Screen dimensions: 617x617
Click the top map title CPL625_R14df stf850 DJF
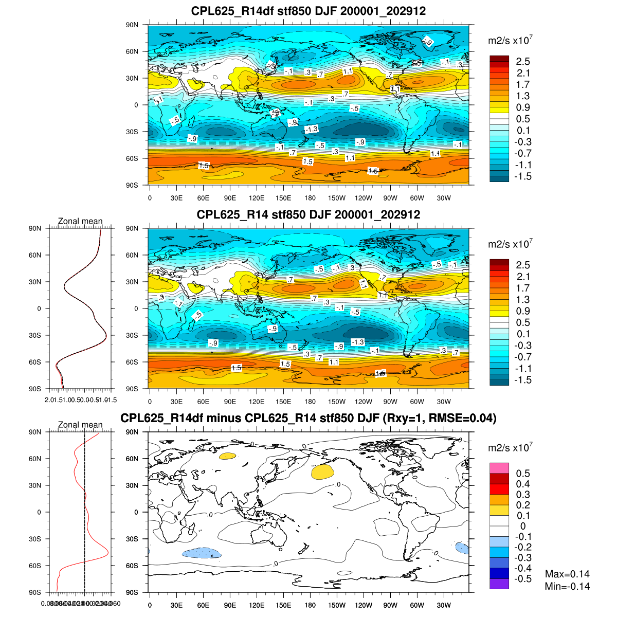pos(308,11)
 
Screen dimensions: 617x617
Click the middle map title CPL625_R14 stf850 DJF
pos(308,214)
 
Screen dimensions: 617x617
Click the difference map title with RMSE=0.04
pos(308,419)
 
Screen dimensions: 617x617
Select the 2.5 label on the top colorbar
pos(523,62)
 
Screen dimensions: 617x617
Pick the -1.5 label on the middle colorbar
pos(523,380)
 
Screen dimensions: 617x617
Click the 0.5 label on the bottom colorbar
pos(523,474)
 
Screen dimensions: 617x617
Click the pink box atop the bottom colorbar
pos(499,468)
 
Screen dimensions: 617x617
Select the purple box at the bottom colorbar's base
pos(499,584)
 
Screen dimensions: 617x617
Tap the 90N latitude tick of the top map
pos(132,25)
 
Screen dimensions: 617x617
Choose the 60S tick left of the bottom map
pos(132,566)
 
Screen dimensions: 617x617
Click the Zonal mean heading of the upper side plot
pos(80,222)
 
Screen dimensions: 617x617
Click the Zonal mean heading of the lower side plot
pos(80,425)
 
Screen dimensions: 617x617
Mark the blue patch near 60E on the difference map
pos(202,553)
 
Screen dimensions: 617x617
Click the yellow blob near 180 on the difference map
pos(322,472)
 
